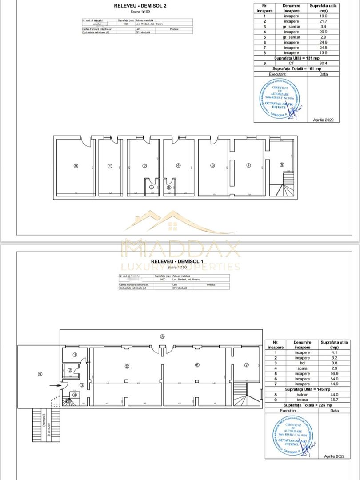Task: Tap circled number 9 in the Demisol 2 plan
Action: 76,166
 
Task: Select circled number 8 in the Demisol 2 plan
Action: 282,164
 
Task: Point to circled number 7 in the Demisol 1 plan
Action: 246,365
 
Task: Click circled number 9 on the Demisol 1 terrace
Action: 40,374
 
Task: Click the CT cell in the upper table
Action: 292,63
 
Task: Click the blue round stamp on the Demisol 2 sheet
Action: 280,98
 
